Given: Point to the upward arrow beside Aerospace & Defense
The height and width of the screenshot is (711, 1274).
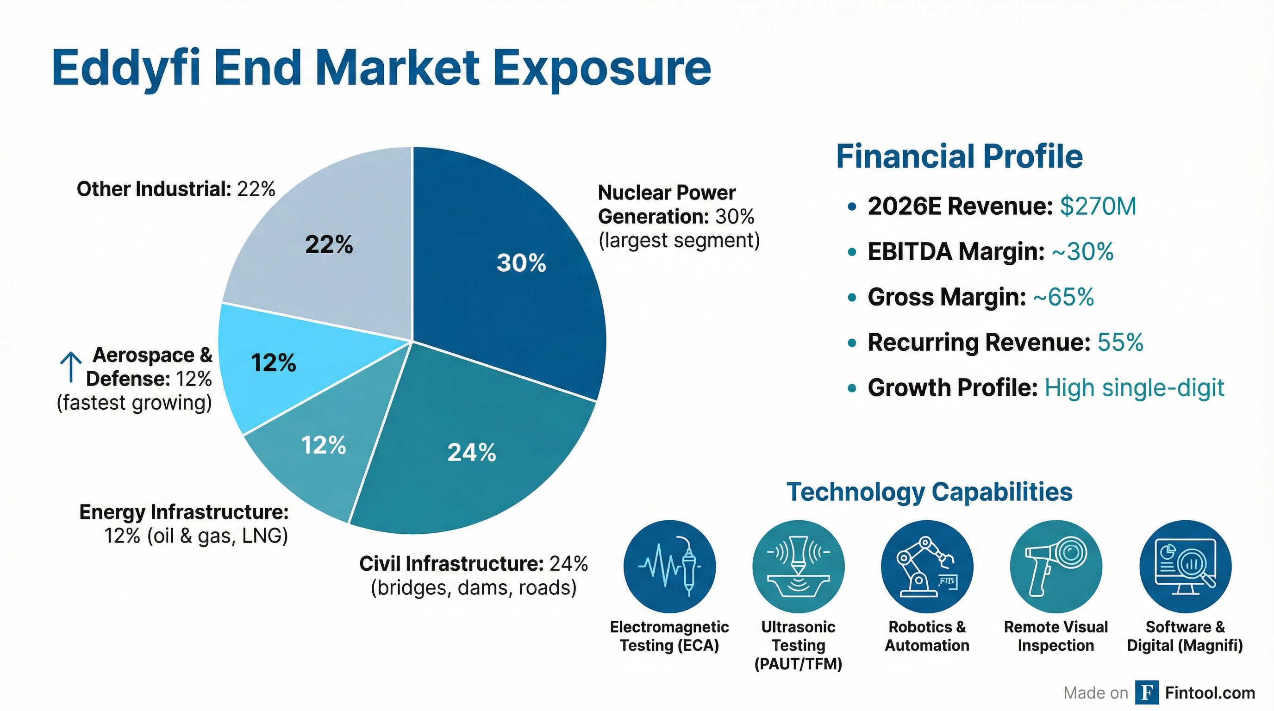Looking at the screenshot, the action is point(71,368).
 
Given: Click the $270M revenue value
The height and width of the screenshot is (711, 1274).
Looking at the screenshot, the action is point(1098,206).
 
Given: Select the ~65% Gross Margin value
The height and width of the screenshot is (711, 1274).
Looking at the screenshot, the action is point(1063,297).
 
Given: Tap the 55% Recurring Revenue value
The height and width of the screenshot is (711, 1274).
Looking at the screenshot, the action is point(1120,342).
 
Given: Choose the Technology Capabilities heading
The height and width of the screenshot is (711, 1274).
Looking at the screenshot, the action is point(929,492).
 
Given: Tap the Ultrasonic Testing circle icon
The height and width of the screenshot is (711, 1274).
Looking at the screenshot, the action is point(798,567).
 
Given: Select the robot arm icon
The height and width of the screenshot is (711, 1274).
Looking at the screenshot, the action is point(927,567).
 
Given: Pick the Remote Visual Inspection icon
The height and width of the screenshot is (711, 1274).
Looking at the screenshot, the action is point(1056,567).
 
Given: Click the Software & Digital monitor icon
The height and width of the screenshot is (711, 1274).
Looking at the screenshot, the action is point(1185,567).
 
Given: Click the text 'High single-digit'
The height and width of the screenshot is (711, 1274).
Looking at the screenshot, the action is point(1134,388).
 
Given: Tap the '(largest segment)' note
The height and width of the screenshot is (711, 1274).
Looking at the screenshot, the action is point(679,241).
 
